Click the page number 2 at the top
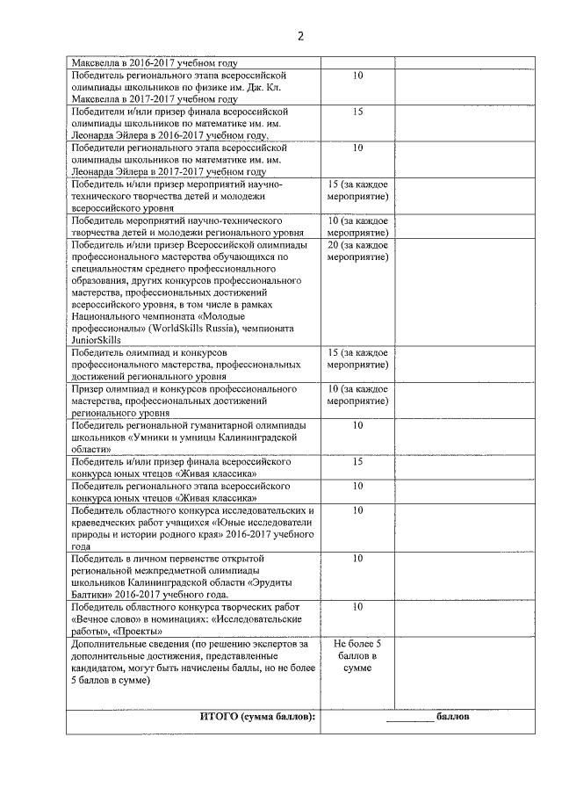tap(299, 36)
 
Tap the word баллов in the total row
tap(452, 717)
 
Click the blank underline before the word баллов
tap(410, 719)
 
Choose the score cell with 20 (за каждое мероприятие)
tap(357, 251)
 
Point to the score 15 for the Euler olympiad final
tap(357, 112)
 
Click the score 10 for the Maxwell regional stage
tap(357, 76)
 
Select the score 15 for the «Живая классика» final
tap(357, 460)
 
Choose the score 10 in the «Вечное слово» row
tap(357, 607)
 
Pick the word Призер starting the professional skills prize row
tap(90, 387)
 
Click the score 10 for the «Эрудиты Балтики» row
tap(357, 558)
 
